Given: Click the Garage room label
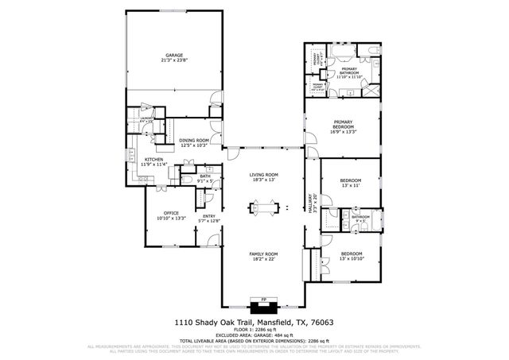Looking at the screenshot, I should [x=173, y=55].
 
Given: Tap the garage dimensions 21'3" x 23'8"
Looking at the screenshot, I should [x=173, y=60].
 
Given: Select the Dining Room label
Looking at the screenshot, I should [x=193, y=140].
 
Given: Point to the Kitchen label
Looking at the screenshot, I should [x=154, y=160].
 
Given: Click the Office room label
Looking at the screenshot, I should [x=171, y=213].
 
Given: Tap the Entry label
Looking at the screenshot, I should [x=209, y=216].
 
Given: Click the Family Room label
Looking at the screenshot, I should [x=262, y=254].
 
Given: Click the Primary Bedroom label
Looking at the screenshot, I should [x=343, y=124].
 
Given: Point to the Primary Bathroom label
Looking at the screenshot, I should [x=348, y=72].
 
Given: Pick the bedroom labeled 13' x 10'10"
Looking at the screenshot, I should [x=350, y=254].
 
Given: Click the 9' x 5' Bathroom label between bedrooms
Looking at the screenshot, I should [x=361, y=216].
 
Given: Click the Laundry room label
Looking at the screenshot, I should [x=146, y=119].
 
